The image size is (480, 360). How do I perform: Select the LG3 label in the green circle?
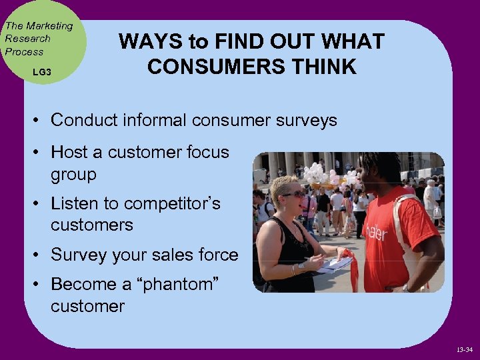(x=41, y=71)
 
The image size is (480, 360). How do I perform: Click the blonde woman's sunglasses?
(x=293, y=194)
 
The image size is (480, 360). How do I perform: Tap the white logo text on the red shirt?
(x=375, y=231)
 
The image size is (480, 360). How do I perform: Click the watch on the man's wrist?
(x=405, y=288)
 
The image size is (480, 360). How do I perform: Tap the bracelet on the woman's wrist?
(x=294, y=269)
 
